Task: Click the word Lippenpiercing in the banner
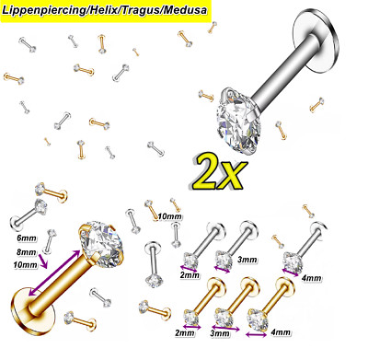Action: tap(44, 10)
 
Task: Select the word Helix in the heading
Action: tap(103, 10)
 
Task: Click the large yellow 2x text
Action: tap(220, 173)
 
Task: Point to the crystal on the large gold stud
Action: tap(102, 244)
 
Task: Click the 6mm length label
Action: tap(27, 238)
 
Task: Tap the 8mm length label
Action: tap(27, 252)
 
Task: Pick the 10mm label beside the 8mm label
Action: tap(25, 264)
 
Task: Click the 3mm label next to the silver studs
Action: tap(247, 260)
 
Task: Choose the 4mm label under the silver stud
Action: tap(311, 278)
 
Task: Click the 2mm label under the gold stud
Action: tap(185, 332)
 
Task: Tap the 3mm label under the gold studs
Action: tap(220, 333)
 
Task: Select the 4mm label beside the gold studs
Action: tap(281, 332)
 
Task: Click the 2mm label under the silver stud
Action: tap(190, 275)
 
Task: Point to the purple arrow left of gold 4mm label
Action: tap(257, 334)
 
